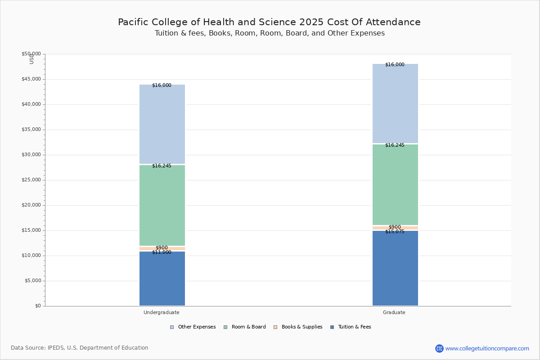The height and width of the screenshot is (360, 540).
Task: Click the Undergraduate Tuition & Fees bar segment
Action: coord(162,279)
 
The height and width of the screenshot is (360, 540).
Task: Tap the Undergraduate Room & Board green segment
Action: coord(162,205)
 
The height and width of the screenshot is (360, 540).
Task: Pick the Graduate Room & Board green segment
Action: coord(395,184)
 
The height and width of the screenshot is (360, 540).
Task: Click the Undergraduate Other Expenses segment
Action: coord(162,124)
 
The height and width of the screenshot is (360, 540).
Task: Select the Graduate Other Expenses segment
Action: coord(395,103)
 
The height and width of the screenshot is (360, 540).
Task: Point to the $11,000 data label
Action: coord(162,252)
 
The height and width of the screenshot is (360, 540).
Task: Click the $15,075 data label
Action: coord(395,232)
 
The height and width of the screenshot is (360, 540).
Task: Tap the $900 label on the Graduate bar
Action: coord(395,227)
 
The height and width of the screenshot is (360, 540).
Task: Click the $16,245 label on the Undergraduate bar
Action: coord(162,166)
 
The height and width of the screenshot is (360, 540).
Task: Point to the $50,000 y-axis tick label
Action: coord(31,54)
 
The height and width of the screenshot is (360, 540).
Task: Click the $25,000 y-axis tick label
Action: coord(31,180)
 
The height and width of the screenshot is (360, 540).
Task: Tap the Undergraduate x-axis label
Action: coord(162,312)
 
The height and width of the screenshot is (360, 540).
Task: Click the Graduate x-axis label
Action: coord(394,312)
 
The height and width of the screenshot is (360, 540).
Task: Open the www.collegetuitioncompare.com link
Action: coord(487,348)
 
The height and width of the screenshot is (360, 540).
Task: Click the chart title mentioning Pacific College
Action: coord(269,22)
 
